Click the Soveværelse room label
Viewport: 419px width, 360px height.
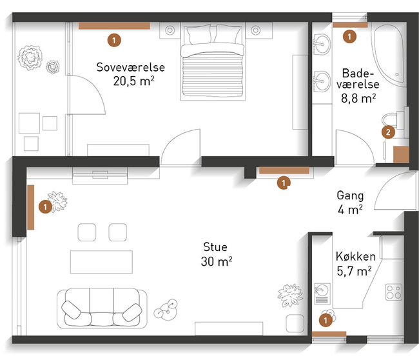pyautogui.click(x=130, y=67)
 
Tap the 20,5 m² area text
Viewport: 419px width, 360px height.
pyautogui.click(x=133, y=81)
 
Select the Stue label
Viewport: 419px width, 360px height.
pyautogui.click(x=215, y=247)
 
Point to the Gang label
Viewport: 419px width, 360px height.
pyautogui.click(x=350, y=195)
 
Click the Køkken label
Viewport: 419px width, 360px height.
pyautogui.click(x=356, y=256)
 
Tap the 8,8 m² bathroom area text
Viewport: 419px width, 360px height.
pyautogui.click(x=358, y=99)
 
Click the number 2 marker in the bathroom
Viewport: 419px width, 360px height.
pyautogui.click(x=388, y=132)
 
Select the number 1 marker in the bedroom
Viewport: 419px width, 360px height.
pyautogui.click(x=114, y=41)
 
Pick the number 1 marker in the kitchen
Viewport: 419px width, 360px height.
pyautogui.click(x=325, y=321)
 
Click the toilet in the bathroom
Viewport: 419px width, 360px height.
pyautogui.click(x=393, y=122)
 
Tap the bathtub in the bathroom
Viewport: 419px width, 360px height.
pyautogui.click(x=389, y=55)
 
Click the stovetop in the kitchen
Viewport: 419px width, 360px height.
pyautogui.click(x=394, y=292)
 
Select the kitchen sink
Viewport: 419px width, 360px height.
pyautogui.click(x=322, y=294)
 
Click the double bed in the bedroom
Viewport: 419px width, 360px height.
pyautogui.click(x=213, y=61)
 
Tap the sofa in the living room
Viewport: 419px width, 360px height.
pyautogui.click(x=102, y=308)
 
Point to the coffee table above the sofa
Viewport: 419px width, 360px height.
pyautogui.click(x=101, y=262)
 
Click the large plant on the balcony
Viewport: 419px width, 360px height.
pyautogui.click(x=30, y=57)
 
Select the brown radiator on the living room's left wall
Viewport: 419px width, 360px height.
pyautogui.click(x=31, y=207)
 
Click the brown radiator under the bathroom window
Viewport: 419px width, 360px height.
pyautogui.click(x=350, y=25)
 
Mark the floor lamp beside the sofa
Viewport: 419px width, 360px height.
pyautogui.click(x=166, y=310)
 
